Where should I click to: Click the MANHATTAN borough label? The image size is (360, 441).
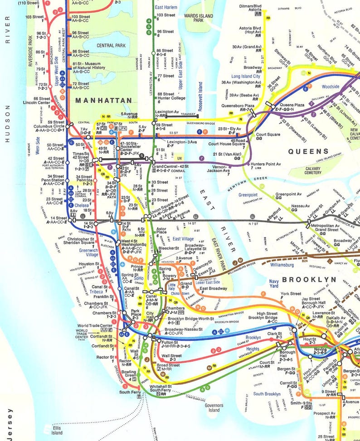(103, 100)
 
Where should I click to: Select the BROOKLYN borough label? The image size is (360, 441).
(309, 280)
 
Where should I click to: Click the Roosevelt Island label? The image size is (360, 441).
(200, 97)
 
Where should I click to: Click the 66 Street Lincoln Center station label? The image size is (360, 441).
(37, 101)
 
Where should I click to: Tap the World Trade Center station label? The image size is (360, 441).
(94, 325)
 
